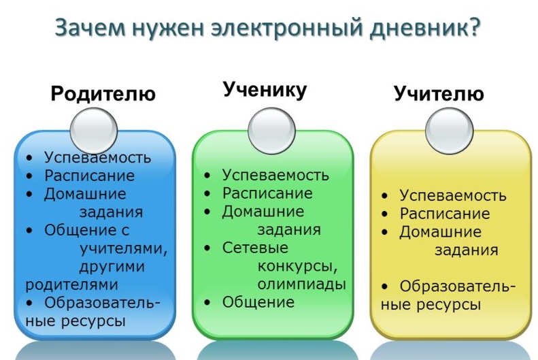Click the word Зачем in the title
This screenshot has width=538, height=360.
(90, 27)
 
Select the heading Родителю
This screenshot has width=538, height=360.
(103, 93)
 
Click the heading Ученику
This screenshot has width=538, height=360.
(265, 90)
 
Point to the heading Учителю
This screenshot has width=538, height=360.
(439, 93)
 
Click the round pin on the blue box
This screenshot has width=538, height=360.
(94, 131)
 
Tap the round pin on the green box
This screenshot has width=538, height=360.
(271, 131)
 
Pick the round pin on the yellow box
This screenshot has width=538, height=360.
(449, 131)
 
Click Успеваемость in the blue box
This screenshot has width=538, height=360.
(98, 158)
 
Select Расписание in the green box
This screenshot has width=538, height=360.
(267, 193)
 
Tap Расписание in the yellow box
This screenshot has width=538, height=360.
(445, 214)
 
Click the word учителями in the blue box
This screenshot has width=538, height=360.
(124, 248)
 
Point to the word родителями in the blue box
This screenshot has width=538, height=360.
(71, 285)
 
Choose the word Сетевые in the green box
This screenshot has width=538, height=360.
(255, 248)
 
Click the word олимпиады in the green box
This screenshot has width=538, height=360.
(301, 284)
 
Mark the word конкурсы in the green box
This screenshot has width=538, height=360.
(297, 266)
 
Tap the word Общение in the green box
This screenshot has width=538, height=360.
(258, 302)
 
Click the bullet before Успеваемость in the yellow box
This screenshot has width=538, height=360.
(384, 196)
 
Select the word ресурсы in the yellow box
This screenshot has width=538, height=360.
(448, 305)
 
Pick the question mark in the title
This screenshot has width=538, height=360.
(475, 27)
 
